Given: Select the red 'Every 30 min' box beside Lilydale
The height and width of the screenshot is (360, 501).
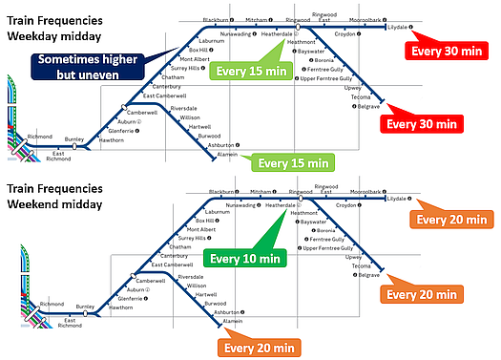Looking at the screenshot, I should [442, 51].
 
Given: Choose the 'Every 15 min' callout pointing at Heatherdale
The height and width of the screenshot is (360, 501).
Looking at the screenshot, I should [251, 70].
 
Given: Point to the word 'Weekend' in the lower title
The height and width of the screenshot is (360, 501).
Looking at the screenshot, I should [37, 203].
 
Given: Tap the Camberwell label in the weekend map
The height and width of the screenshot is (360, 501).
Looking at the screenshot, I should [153, 281].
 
